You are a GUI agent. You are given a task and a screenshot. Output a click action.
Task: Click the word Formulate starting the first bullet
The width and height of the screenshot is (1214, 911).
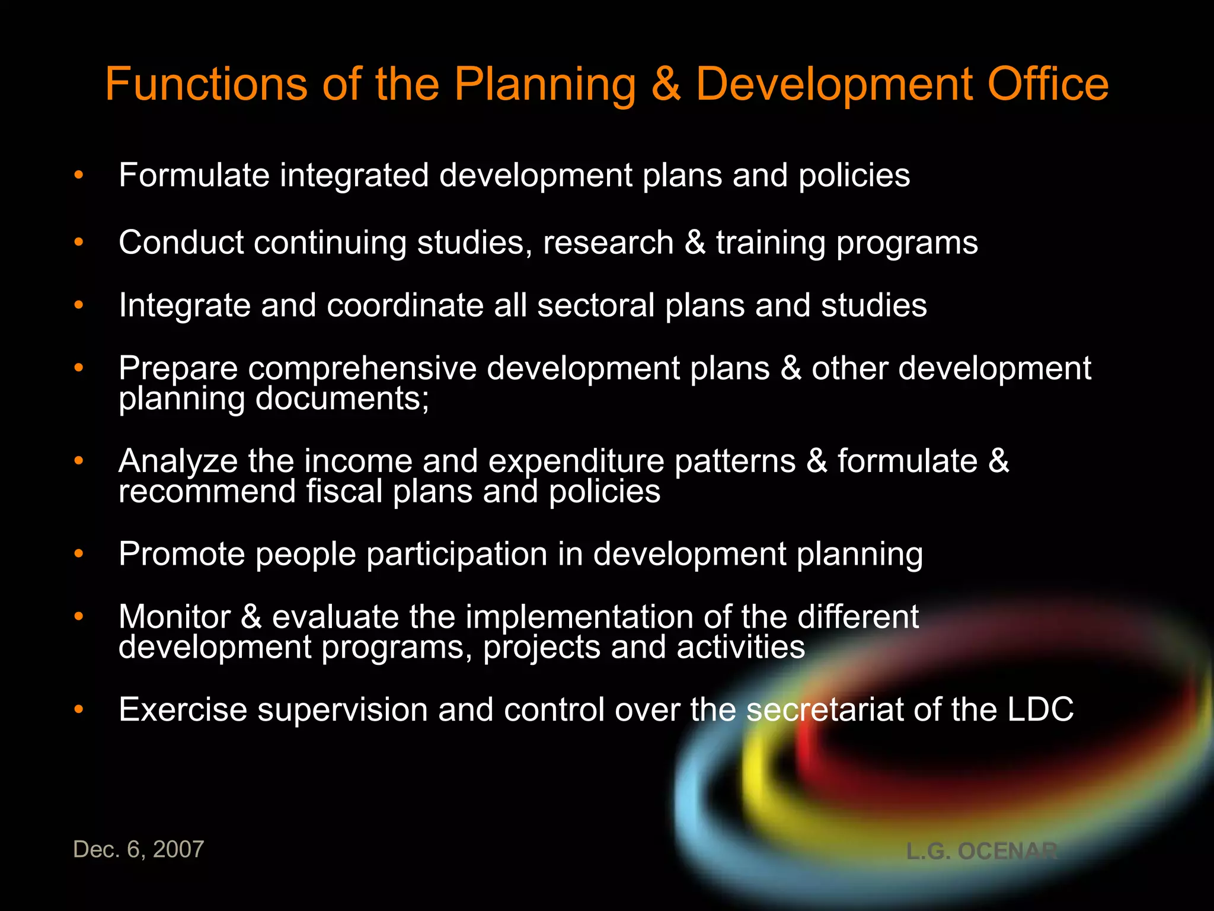[x=194, y=176]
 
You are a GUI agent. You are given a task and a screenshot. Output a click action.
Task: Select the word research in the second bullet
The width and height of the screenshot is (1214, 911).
[x=608, y=243]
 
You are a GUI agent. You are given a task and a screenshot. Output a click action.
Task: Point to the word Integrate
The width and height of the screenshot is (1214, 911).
[x=184, y=305]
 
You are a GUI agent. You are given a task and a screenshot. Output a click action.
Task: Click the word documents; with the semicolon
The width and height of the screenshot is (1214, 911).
[x=342, y=399]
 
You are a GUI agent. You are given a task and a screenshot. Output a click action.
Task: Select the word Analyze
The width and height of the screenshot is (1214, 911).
[x=177, y=461]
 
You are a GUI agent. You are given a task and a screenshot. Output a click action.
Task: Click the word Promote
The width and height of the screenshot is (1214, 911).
[x=181, y=555]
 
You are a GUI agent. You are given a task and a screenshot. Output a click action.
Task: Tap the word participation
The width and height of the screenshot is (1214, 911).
[x=456, y=555]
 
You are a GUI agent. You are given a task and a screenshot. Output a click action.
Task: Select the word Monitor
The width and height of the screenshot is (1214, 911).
[x=174, y=617]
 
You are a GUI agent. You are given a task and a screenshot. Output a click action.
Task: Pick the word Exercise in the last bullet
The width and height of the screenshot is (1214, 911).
[x=183, y=710]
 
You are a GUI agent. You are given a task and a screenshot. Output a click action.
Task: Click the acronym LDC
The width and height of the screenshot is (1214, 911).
[x=1040, y=710]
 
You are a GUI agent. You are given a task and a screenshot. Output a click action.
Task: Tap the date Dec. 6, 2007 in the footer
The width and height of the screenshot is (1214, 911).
[x=138, y=849]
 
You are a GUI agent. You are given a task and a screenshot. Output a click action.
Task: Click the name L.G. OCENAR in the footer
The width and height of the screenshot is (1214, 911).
[x=982, y=852]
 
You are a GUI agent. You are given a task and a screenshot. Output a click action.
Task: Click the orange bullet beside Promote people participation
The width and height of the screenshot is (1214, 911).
[x=78, y=554]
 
